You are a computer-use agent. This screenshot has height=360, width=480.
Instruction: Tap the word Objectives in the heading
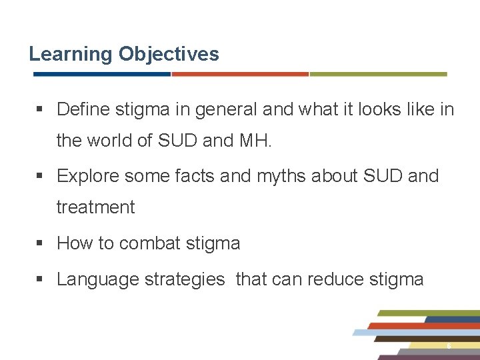coord(169,54)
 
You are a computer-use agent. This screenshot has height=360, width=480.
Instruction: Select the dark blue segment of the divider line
coord(100,74)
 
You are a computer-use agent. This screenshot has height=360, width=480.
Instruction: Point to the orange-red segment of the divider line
coord(240,74)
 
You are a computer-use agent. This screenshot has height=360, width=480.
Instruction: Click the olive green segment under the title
coord(378,74)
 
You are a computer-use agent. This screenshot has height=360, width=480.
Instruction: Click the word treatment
coord(95,207)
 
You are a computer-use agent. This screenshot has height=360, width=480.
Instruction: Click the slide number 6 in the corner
coord(449,346)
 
